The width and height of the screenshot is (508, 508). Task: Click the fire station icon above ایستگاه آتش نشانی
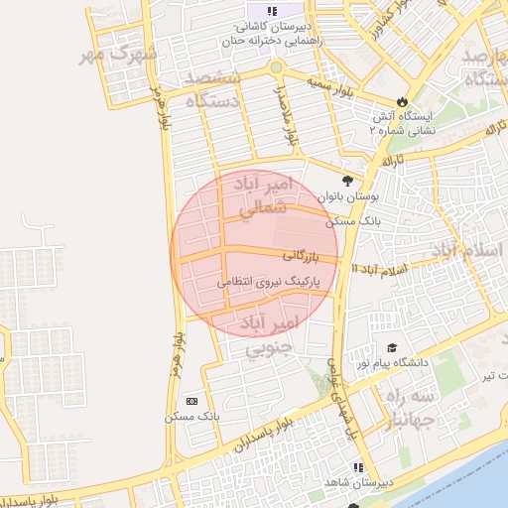click(x=401, y=101)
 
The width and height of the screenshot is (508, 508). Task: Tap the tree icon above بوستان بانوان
click(x=346, y=180)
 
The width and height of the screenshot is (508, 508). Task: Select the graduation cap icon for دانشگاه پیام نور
click(x=392, y=347)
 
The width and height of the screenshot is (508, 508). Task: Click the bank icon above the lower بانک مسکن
click(x=191, y=401)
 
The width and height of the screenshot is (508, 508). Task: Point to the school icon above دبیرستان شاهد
click(x=358, y=466)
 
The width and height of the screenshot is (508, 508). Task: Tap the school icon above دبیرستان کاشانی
click(x=272, y=10)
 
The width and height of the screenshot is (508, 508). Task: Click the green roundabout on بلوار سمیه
click(x=276, y=67)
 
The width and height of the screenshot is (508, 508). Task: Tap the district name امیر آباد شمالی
click(x=265, y=195)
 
